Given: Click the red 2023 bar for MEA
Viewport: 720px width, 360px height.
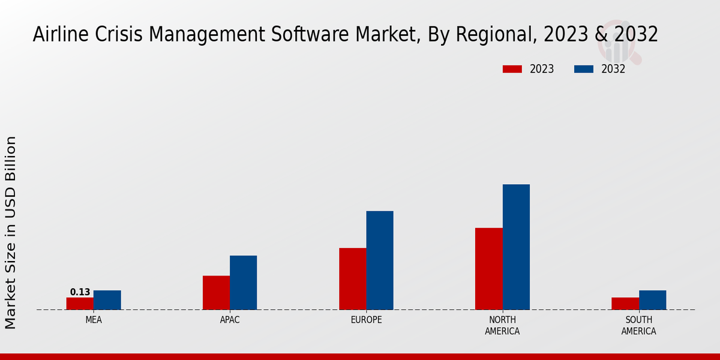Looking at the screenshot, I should tap(80, 304).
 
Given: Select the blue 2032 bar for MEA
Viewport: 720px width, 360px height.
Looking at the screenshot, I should tap(107, 300).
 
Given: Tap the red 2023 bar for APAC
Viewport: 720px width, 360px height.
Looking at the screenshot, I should tap(216, 293).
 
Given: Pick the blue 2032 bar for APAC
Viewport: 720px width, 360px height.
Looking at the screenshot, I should tap(243, 283).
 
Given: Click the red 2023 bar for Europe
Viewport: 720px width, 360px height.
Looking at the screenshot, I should tap(352, 279).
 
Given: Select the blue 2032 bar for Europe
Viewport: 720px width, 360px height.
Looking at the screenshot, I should tap(380, 260).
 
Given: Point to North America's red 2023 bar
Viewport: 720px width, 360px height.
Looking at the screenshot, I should tap(488, 269).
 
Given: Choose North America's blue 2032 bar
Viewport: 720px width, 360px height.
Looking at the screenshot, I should tap(516, 247).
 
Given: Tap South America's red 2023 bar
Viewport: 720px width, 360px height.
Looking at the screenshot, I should tap(625, 304).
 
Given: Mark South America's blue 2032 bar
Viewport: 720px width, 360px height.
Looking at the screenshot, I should tap(652, 300).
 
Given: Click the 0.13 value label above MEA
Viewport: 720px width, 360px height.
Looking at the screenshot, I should tap(80, 292).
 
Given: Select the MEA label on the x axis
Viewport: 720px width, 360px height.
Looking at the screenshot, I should tap(94, 320).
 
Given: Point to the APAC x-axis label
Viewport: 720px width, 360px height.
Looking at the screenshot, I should tap(230, 320).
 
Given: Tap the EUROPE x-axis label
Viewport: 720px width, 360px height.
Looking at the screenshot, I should tap(366, 320).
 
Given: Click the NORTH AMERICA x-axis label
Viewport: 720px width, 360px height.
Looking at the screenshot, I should tap(503, 325).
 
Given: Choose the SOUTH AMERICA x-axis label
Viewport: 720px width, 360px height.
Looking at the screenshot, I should tap(638, 325).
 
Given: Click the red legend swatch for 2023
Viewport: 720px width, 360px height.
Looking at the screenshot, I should tap(512, 69).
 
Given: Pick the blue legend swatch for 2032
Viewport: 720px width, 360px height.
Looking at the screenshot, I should tap(583, 69).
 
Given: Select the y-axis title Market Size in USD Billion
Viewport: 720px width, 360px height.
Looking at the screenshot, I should tap(11, 233).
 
